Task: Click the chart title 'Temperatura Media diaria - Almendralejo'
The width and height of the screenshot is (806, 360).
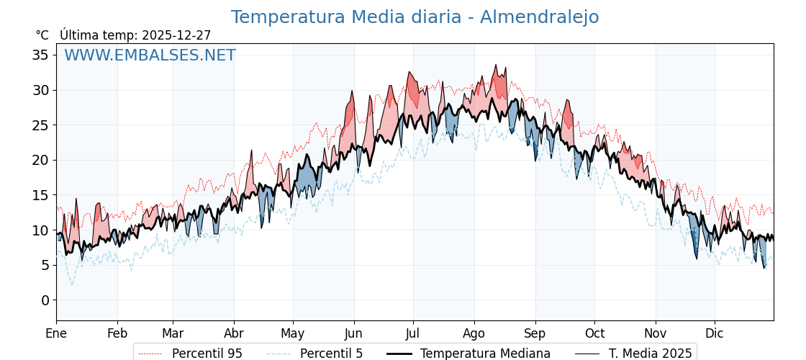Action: pos(415,17)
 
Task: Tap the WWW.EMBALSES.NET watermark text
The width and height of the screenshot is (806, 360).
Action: pos(150,55)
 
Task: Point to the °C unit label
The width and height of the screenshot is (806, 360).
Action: pos(42,35)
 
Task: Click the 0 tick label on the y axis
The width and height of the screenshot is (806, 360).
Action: pos(45,300)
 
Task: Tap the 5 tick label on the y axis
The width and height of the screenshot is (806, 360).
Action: pos(45,266)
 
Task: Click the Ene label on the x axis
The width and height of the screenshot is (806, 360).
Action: pos(56,334)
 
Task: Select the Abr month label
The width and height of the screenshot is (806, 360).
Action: pos(234,334)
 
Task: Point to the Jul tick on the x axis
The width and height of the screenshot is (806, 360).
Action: pos(413,334)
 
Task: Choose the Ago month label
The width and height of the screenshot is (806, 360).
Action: pos(474,334)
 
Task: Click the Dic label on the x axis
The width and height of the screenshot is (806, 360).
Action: pos(715,334)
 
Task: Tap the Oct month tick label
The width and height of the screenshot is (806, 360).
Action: pos(594,334)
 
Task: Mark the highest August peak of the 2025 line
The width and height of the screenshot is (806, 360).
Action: pos(495,65)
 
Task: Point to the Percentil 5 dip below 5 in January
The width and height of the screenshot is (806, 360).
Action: pos(72,284)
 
